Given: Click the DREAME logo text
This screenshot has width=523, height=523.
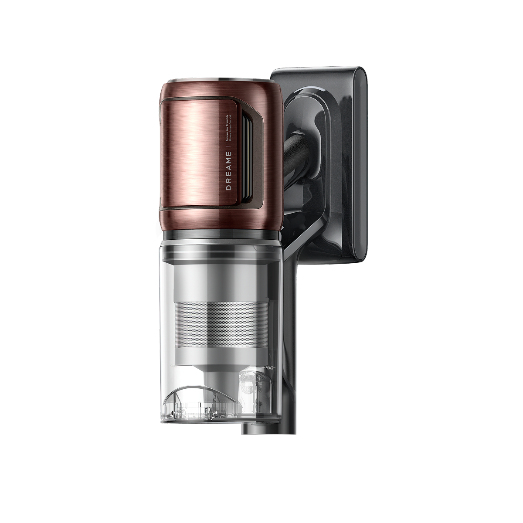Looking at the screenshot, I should coord(228,171).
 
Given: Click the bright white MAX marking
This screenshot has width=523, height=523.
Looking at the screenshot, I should coord(268,368).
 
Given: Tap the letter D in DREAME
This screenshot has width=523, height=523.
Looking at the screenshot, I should coord(228,188).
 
